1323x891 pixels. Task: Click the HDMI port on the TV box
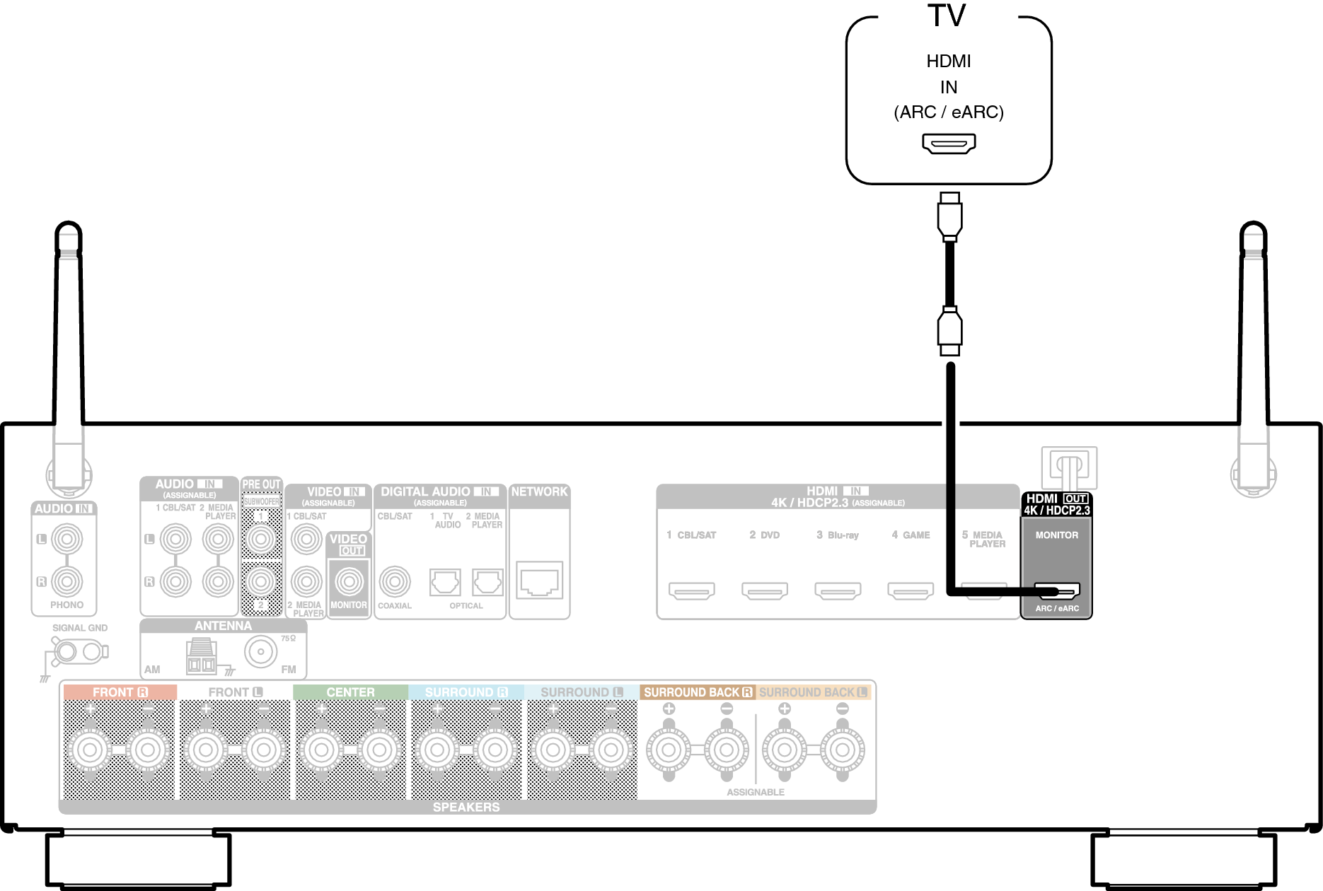tap(948, 144)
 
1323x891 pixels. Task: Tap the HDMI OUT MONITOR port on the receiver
tap(1057, 590)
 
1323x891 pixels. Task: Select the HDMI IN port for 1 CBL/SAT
tap(691, 590)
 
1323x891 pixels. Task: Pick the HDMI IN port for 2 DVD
tap(764, 590)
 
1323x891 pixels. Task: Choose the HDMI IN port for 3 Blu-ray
tap(837, 590)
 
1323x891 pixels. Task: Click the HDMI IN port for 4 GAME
tap(911, 590)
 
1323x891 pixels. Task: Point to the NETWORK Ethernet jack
tap(539, 581)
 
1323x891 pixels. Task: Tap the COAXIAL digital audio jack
tap(394, 581)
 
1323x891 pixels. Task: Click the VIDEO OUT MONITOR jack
tap(349, 581)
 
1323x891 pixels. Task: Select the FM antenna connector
tap(260, 651)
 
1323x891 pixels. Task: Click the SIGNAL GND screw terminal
tap(66, 651)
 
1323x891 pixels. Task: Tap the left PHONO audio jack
tap(67, 540)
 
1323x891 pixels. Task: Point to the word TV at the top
tap(947, 16)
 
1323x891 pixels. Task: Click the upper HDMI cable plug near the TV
tap(949, 216)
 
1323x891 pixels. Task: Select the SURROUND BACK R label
tap(698, 692)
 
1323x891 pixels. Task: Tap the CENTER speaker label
tap(350, 692)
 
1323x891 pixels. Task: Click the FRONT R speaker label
tap(120, 692)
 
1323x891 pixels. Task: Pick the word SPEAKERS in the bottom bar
tap(466, 807)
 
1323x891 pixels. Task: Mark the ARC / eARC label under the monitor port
tap(1057, 608)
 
